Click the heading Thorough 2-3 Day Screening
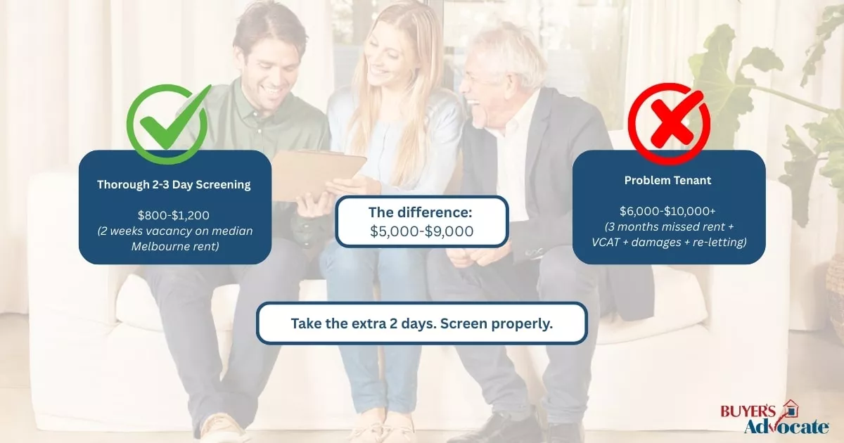coord(174,185)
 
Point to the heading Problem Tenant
coord(667,181)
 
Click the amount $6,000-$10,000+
coord(668,211)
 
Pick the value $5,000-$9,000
coord(422,231)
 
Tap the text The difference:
coord(422,212)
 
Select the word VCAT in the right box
coord(608,242)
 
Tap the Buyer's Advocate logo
coord(774,418)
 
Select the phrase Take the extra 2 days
coord(366,324)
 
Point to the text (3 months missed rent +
coord(667,227)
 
